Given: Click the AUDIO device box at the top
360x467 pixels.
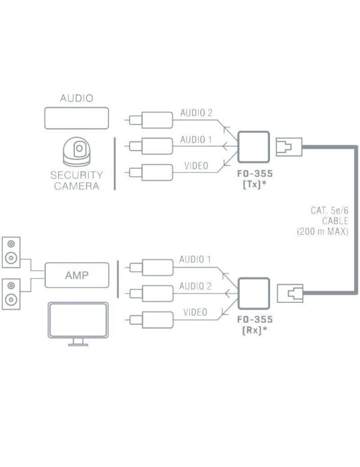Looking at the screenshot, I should click(77, 118).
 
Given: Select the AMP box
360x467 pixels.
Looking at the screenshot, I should click(77, 274).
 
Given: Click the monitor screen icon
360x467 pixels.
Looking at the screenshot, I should click(79, 322).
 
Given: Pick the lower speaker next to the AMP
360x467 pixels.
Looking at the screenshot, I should click(13, 294).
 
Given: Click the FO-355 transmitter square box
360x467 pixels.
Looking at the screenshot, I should click(253, 145).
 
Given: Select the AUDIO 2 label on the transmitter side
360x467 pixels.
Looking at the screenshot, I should click(196, 113).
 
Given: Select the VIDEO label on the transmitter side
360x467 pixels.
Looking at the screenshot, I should click(196, 165).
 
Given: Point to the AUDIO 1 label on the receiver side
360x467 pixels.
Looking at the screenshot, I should click(196, 259).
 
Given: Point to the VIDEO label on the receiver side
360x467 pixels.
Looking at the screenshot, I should click(196, 312).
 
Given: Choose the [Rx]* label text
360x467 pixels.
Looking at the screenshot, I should click(254, 330).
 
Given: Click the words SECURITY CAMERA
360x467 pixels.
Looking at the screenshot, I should click(77, 181).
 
